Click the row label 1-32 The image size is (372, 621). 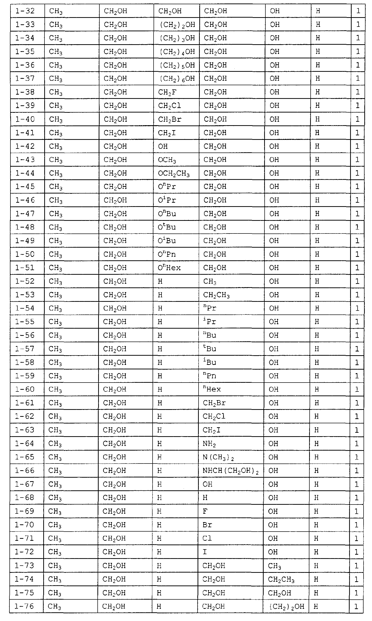[x=25, y=11]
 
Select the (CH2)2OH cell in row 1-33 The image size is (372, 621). [x=177, y=25]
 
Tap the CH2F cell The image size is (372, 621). [x=167, y=92]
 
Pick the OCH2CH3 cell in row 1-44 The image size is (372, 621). [x=173, y=173]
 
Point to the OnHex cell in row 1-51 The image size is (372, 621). [x=169, y=268]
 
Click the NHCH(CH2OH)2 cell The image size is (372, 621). [x=230, y=471]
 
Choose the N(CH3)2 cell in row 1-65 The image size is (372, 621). [x=218, y=457]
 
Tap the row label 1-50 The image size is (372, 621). [x=25, y=254]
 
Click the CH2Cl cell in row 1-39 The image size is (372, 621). [x=169, y=106]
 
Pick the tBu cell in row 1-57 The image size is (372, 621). [x=209, y=349]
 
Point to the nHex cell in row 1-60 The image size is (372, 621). [x=212, y=389]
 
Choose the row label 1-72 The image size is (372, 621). [x=24, y=552]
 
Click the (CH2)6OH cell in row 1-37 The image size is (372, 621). [x=177, y=79]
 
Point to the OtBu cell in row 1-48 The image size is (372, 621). [x=167, y=227]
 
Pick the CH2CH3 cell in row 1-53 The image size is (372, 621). [x=216, y=295]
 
